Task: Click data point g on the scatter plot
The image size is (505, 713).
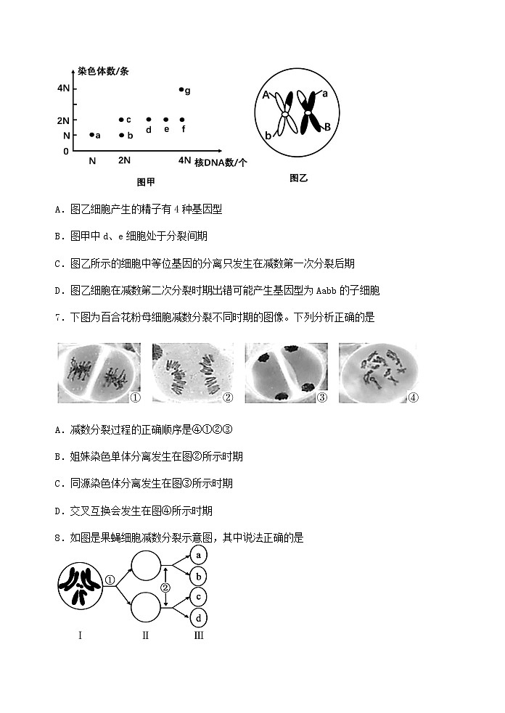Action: pyautogui.click(x=181, y=89)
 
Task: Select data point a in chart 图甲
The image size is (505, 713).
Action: pyautogui.click(x=91, y=134)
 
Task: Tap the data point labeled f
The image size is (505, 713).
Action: pyautogui.click(x=181, y=120)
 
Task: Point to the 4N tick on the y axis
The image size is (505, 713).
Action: pyautogui.click(x=64, y=88)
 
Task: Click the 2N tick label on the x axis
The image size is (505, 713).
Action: pyautogui.click(x=124, y=160)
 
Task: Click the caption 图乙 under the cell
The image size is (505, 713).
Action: pyautogui.click(x=298, y=178)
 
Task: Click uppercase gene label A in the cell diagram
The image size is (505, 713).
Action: pyautogui.click(x=266, y=95)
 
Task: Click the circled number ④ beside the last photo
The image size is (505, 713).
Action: pyautogui.click(x=414, y=397)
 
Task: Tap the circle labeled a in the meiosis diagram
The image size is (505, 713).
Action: pyautogui.click(x=198, y=555)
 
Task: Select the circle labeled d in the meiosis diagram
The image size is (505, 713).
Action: pyautogui.click(x=198, y=618)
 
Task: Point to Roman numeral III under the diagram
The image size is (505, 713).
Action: pyautogui.click(x=198, y=635)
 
